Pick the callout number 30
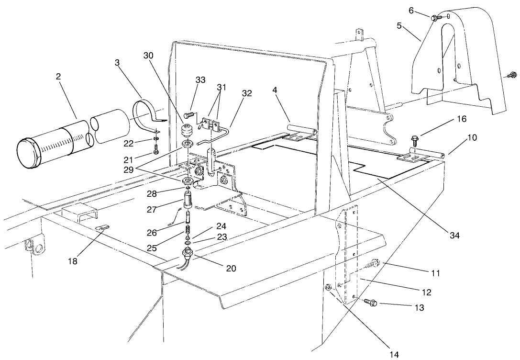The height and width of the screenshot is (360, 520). [x=149, y=55]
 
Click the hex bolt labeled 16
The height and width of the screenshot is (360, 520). [x=414, y=142]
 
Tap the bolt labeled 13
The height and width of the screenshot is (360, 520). [x=370, y=302]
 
